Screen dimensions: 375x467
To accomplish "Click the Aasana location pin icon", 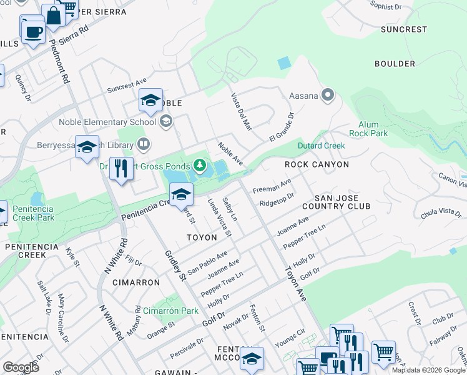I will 328,96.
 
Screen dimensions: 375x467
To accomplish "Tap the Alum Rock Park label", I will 373,129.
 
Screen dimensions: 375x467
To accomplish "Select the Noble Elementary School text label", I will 107,121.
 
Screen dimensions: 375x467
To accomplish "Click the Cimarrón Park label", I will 170,311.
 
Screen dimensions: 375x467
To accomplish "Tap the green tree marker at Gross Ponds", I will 200,165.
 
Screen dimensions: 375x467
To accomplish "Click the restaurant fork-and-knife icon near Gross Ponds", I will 121,169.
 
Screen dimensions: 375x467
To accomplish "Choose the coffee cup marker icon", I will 32,31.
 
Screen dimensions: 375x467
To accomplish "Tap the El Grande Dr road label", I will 281,127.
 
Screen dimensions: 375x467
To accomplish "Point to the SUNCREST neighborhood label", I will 404,29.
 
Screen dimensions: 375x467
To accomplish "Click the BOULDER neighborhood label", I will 395,64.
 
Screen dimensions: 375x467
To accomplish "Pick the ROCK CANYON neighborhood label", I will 317,164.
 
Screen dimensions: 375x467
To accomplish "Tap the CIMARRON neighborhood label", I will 136,282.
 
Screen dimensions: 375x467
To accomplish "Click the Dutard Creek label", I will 322,146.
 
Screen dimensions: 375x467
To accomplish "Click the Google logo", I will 21,367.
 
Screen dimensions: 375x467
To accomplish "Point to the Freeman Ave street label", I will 272,186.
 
